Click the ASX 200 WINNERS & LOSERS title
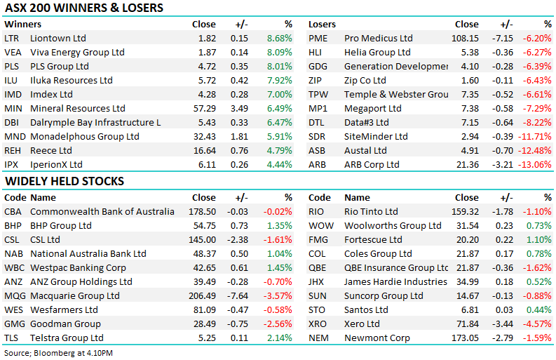point(83,8)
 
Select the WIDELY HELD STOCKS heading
point(64,181)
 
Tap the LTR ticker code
point(12,38)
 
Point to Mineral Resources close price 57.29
point(204,108)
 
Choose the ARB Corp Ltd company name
point(372,164)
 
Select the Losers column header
point(323,24)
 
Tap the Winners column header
point(22,24)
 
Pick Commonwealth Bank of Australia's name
point(102,211)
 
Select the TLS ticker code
point(11,338)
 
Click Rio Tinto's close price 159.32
point(466,211)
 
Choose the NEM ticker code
point(320,338)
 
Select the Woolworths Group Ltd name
point(393,225)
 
